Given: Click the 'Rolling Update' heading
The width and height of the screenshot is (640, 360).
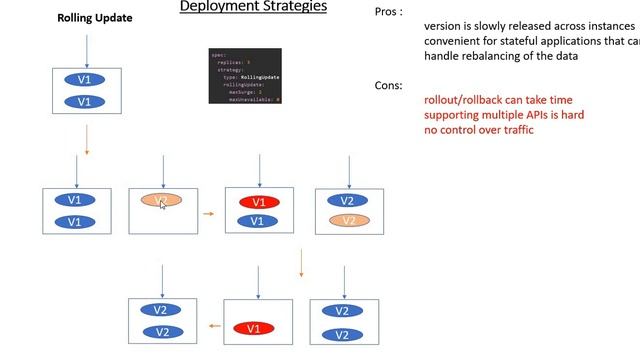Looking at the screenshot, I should pos(94,18).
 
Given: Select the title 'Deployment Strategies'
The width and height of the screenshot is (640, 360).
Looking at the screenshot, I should pos(253,8).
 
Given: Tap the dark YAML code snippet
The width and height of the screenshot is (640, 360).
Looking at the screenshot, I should pos(245,76).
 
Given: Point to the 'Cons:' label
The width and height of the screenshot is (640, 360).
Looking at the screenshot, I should pos(389,86).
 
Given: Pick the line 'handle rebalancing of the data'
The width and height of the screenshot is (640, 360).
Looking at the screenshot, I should pos(501,56).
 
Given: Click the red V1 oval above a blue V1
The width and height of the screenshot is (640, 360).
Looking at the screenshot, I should pos(259,201).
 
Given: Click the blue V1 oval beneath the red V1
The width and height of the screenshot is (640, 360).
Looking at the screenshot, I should pos(259,221).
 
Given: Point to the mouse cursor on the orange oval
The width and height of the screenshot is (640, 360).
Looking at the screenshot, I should pos(163,204).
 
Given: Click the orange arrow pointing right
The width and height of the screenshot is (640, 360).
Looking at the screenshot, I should pos(208,212).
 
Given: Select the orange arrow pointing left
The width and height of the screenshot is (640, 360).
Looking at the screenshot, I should pos(213,325).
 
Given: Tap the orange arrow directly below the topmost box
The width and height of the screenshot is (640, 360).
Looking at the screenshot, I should pos(87,139).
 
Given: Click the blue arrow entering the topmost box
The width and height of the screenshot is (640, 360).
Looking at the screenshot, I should pos(87,50).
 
